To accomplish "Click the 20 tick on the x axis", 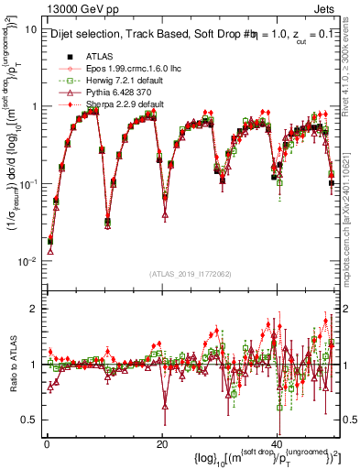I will coord(162,445).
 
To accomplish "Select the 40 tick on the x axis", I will coord(278,445).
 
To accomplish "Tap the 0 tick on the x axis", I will coord(46,445).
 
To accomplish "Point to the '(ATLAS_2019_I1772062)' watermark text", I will coord(190,273).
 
